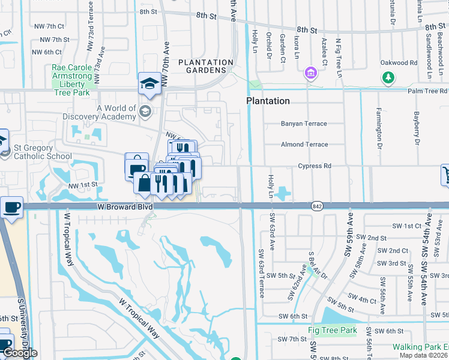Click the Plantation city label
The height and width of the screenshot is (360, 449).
(268, 101)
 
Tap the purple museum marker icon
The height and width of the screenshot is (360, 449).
(311, 73)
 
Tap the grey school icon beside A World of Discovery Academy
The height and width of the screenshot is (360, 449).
(145, 112)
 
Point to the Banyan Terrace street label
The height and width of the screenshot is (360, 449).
(304, 124)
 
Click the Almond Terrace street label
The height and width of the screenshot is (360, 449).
(304, 145)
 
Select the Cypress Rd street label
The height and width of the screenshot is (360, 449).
(315, 166)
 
